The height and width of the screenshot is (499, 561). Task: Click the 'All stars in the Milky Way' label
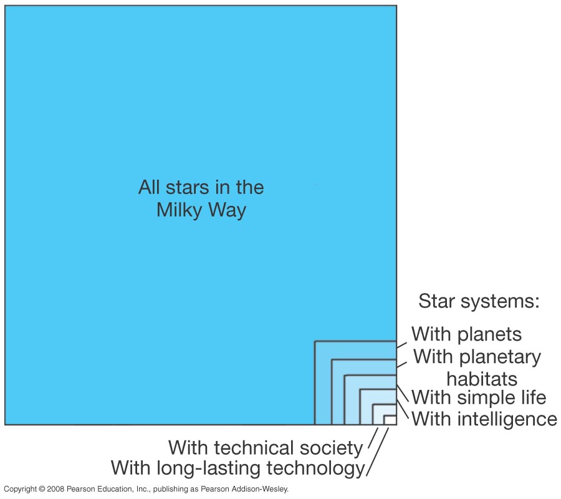(201, 199)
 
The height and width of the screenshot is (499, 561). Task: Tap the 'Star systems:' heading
(479, 301)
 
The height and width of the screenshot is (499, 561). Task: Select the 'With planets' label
(466, 334)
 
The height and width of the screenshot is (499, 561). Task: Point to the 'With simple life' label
(479, 397)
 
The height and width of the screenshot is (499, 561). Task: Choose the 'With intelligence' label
(484, 419)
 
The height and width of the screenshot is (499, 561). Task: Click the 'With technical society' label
(266, 448)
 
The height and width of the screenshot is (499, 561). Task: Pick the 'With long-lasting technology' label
(238, 468)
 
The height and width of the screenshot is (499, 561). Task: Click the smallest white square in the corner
(390, 420)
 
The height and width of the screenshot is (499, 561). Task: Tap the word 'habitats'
(482, 379)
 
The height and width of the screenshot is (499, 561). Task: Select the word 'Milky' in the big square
(180, 210)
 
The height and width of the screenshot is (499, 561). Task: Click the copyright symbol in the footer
(42, 489)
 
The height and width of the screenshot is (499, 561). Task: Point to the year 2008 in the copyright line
(55, 489)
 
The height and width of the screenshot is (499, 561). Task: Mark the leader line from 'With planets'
(402, 346)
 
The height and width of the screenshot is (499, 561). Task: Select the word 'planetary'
(500, 357)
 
